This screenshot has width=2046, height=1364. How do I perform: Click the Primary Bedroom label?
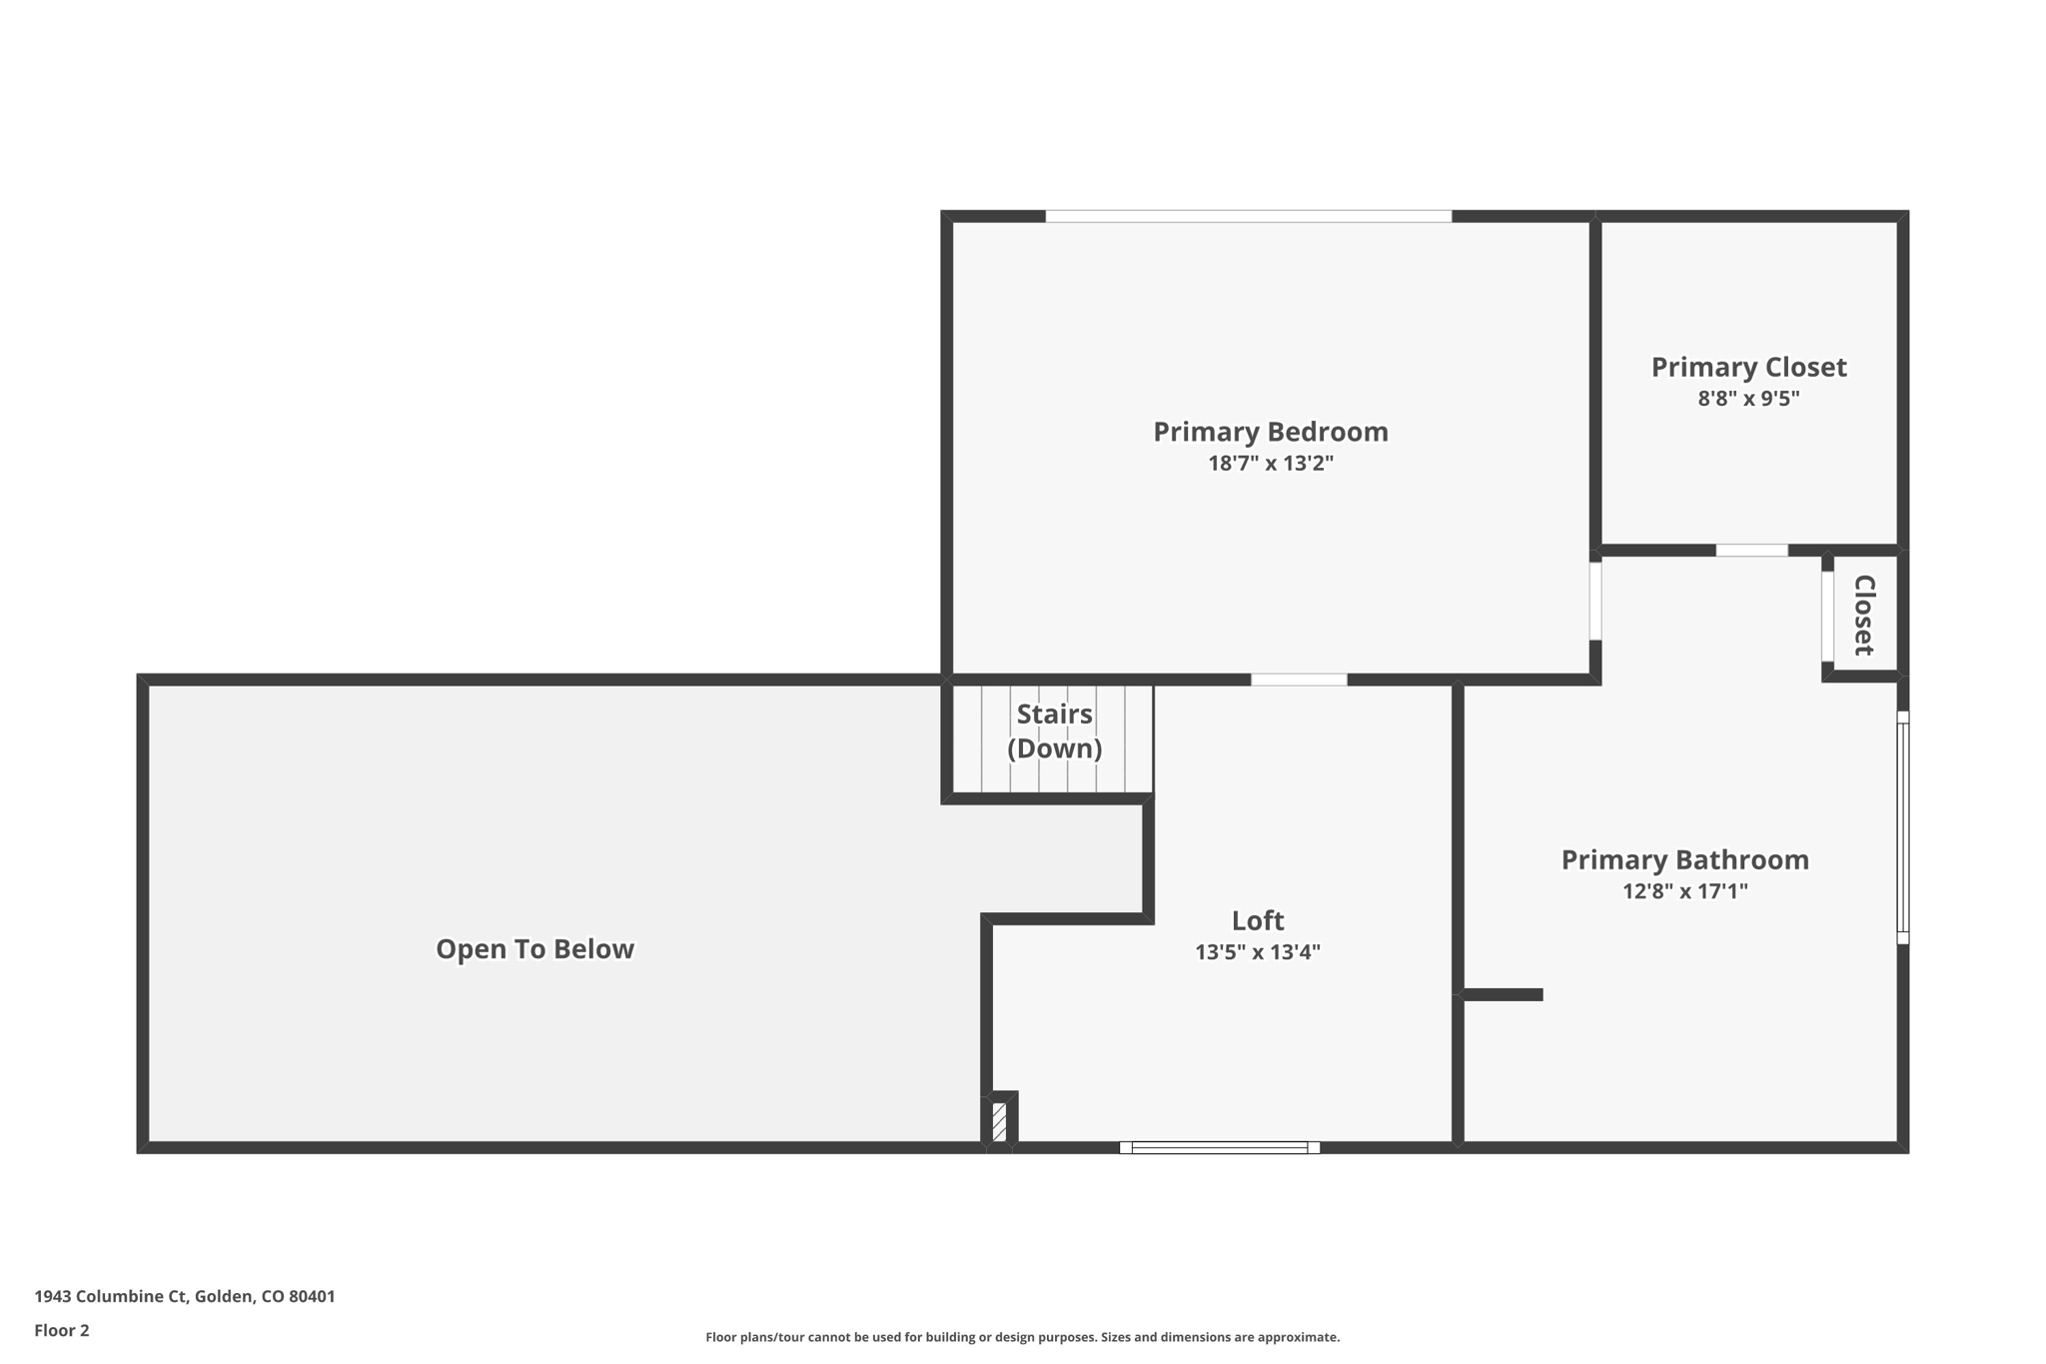(x=1270, y=432)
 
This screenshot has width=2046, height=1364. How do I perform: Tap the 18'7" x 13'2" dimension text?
(x=1270, y=464)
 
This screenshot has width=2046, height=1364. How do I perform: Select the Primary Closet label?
(x=1748, y=368)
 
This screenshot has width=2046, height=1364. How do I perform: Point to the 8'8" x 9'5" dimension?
(x=1748, y=399)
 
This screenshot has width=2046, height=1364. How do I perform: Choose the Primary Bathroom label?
(x=1684, y=860)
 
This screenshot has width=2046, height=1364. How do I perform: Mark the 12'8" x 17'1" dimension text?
(x=1684, y=891)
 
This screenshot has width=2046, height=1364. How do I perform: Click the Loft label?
(x=1257, y=920)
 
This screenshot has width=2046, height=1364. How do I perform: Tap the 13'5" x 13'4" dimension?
(x=1257, y=952)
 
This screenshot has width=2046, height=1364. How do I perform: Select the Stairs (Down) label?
(x=1054, y=731)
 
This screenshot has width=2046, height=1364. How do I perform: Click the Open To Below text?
(x=534, y=949)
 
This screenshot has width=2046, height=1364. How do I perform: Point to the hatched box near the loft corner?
(x=999, y=1121)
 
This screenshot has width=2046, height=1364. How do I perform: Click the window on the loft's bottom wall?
(x=1219, y=1147)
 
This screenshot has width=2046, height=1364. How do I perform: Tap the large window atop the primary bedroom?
(x=1248, y=216)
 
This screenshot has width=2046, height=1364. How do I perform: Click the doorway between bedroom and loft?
(x=1299, y=680)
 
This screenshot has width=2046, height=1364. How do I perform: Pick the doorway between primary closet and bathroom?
(x=1751, y=551)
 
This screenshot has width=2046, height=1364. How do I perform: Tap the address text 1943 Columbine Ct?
(x=185, y=1296)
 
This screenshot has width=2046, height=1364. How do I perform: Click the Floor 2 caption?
(x=62, y=1330)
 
